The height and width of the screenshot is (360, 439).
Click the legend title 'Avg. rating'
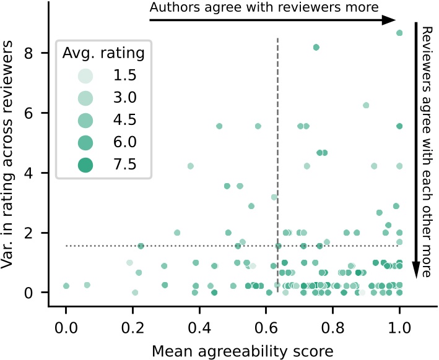[x=103, y=53]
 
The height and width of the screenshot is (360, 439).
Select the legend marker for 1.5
[x=85, y=76]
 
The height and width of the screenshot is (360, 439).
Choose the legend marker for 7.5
[x=85, y=164]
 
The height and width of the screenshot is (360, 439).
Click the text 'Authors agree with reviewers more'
[x=263, y=8]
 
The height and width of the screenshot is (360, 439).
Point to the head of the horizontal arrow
[x=390, y=20]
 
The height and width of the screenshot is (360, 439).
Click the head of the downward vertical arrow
[x=416, y=269]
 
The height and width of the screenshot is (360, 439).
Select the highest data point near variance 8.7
[x=399, y=33]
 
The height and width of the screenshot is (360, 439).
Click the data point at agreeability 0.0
[x=66, y=286]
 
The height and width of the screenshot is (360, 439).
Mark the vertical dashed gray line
[x=277, y=155]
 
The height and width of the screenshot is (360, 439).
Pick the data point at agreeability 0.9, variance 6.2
[x=366, y=105]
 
